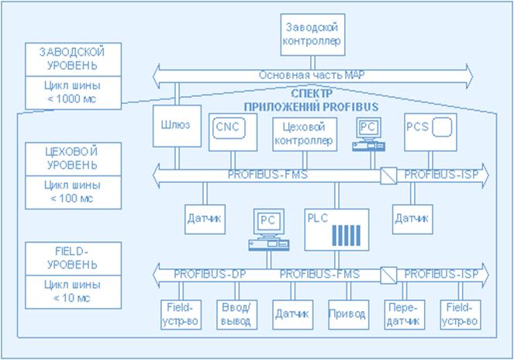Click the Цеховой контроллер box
point(304,133)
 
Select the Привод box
point(346,314)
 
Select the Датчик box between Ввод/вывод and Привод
point(291,314)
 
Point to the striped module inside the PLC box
point(349,235)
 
